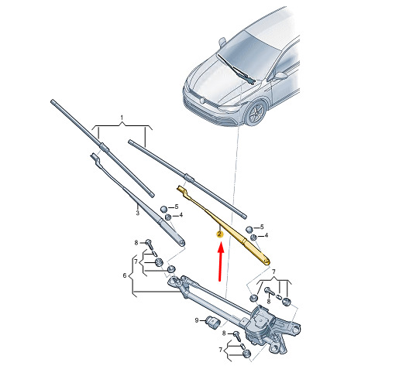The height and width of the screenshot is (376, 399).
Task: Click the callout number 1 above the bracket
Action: click(122, 118)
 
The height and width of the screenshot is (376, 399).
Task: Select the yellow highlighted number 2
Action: click(219, 234)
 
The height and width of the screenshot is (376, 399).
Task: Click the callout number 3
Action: click(138, 213)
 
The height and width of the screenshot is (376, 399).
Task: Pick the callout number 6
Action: click(125, 275)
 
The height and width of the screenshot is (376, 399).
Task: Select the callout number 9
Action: click(197, 320)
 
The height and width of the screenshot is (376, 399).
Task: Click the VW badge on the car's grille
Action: click(203, 100)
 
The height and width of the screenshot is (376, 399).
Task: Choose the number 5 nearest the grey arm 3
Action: click(177, 207)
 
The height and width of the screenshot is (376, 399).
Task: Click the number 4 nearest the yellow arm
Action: click(267, 235)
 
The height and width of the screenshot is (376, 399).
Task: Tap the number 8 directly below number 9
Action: click(224, 333)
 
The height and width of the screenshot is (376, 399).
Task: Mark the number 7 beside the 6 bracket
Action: click(136, 261)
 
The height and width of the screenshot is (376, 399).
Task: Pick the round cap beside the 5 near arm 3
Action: click(164, 209)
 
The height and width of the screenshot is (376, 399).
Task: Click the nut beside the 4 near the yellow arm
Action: click(253, 238)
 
